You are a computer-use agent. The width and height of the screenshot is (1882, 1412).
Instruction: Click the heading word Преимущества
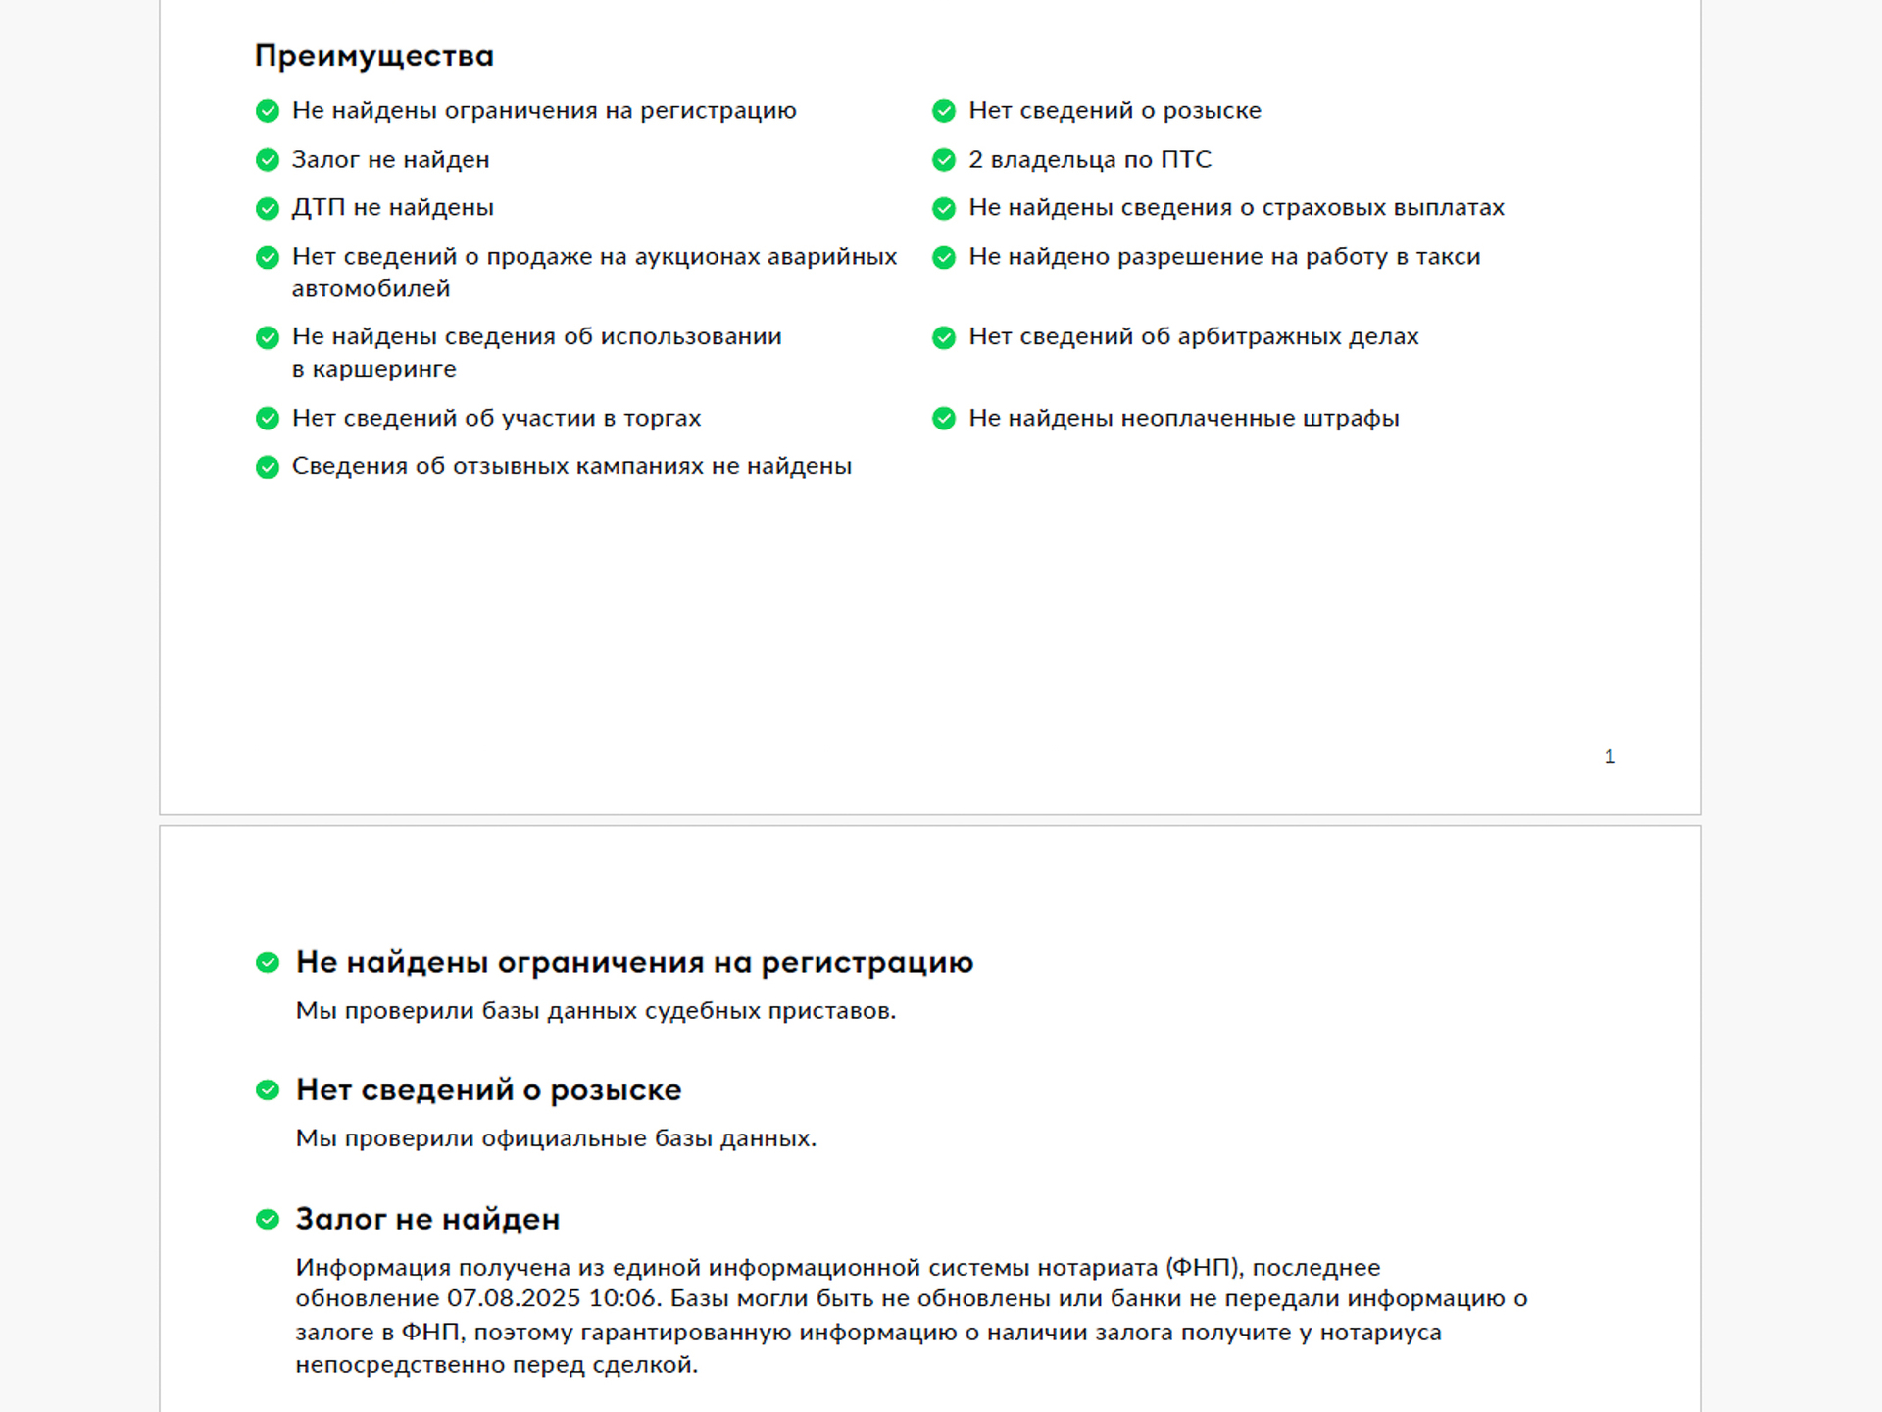tap(373, 56)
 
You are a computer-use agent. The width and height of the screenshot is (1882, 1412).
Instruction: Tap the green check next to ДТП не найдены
tap(268, 208)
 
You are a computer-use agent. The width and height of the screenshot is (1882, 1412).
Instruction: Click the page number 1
tap(1610, 756)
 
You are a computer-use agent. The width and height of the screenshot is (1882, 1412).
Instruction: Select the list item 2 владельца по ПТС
tap(1090, 159)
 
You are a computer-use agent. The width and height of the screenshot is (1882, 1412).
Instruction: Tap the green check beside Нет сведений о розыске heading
tap(268, 1090)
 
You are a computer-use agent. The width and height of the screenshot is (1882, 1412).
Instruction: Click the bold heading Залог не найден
tap(427, 1219)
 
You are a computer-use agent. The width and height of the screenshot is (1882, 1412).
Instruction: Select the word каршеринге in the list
tap(384, 369)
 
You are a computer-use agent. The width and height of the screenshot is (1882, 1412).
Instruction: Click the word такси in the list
tap(1447, 256)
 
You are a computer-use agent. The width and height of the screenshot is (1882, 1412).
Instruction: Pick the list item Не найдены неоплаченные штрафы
tap(1183, 418)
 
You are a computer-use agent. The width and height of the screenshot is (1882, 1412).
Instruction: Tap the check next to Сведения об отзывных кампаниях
tap(268, 467)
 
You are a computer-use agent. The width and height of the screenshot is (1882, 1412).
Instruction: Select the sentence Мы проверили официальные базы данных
tap(556, 1138)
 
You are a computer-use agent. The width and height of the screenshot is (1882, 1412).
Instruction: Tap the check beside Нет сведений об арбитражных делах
tap(944, 337)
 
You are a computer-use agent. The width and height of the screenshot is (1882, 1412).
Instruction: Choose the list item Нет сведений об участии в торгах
tap(496, 418)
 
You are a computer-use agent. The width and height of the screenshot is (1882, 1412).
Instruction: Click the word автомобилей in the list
tap(371, 288)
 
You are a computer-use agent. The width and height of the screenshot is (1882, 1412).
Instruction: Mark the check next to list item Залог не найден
tap(268, 160)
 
